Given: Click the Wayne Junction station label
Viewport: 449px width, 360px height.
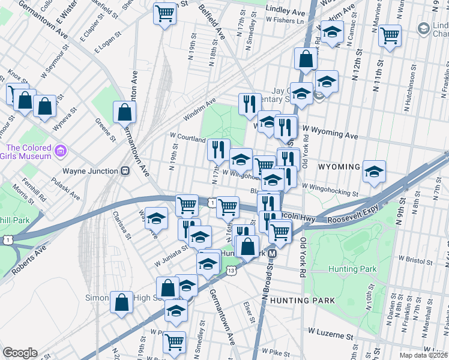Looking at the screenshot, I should pyautogui.click(x=89, y=171).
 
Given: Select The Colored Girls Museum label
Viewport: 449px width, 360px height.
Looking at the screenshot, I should pyautogui.click(x=28, y=152).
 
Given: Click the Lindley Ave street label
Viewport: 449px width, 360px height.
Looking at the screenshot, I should pyautogui.click(x=286, y=11).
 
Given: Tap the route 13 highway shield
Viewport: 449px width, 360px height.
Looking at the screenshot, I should pyautogui.click(x=232, y=271).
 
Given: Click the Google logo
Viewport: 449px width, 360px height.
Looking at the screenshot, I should pyautogui.click(x=20, y=353).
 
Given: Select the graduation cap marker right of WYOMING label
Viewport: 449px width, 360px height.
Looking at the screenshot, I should pyautogui.click(x=374, y=171).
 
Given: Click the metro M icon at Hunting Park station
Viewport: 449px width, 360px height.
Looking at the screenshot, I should pyautogui.click(x=272, y=253).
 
